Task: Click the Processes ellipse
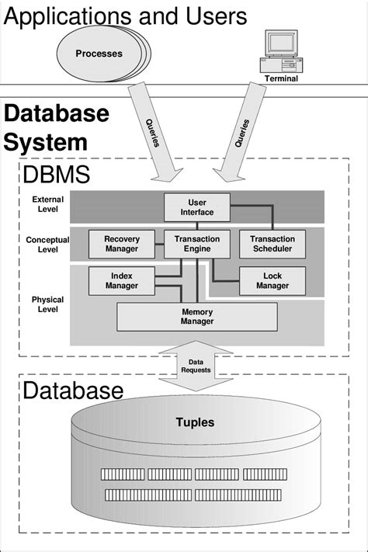[x=99, y=54]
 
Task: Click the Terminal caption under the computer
[x=280, y=78]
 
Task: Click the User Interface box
[x=196, y=207]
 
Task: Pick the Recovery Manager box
[x=121, y=244]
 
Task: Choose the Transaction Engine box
[x=196, y=244]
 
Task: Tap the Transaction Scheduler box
[x=273, y=244]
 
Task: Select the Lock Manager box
[x=272, y=280]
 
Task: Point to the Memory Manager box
[x=196, y=316]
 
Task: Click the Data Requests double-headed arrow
[x=195, y=366]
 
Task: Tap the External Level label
[x=48, y=204]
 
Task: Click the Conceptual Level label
[x=47, y=245]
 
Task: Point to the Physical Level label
[x=47, y=304]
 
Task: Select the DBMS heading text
[x=57, y=174]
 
